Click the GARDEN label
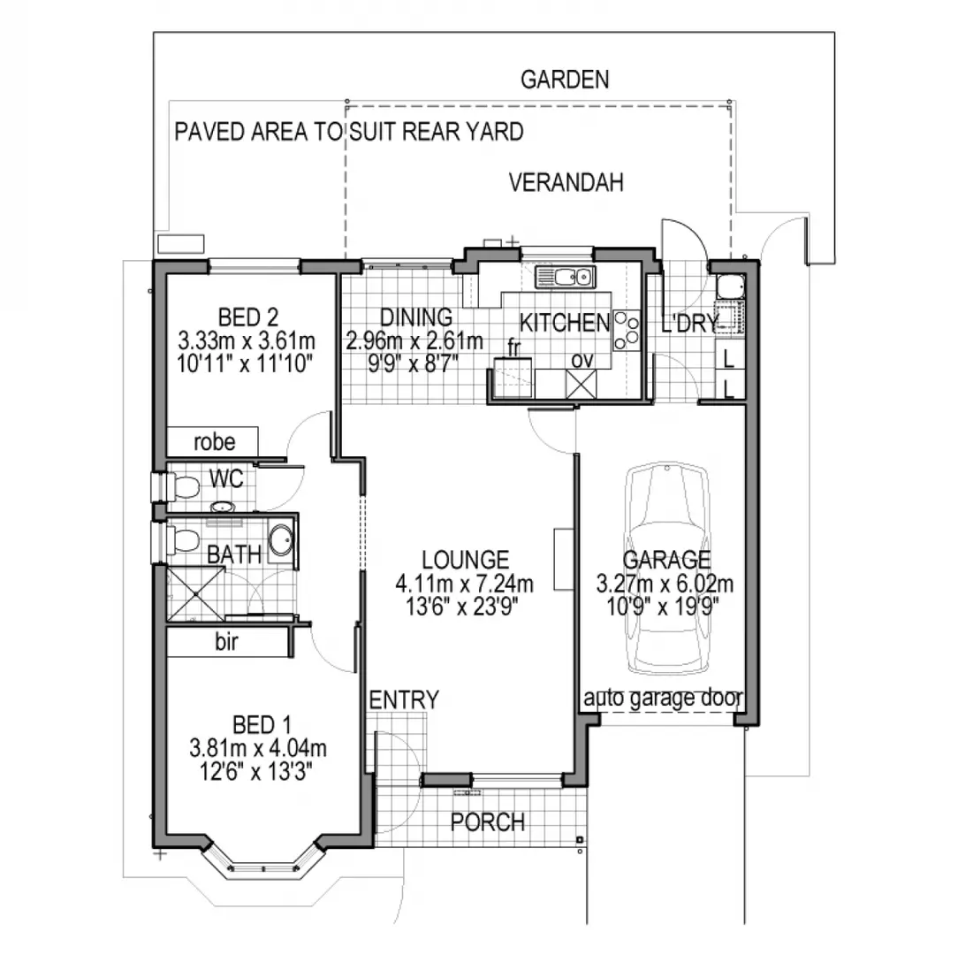564,80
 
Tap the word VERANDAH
566,183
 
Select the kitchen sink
565,277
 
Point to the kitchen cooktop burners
627,329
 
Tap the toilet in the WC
183,485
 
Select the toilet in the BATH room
182,539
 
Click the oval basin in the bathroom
280,541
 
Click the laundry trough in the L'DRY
730,287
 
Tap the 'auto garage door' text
662,699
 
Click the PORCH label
487,821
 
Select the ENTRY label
403,700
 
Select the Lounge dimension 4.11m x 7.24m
465,584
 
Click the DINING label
415,317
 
